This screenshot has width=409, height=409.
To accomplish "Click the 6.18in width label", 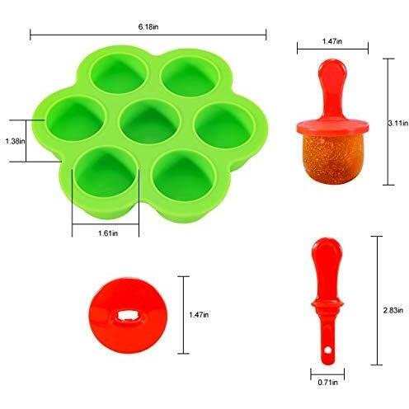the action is (x=148, y=27).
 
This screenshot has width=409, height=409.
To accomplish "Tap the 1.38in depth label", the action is (x=16, y=141).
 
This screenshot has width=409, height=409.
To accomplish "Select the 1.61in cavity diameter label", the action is (x=108, y=233).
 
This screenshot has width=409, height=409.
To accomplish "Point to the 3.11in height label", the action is (x=397, y=123).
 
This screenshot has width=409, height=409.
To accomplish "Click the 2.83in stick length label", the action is (x=393, y=310).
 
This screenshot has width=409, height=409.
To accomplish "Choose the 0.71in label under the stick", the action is (x=327, y=383).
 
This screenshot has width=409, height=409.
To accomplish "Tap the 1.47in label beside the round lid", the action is (x=199, y=315).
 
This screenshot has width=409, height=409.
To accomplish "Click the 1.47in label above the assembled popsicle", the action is (x=332, y=41).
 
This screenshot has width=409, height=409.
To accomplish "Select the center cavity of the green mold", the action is (x=150, y=121).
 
